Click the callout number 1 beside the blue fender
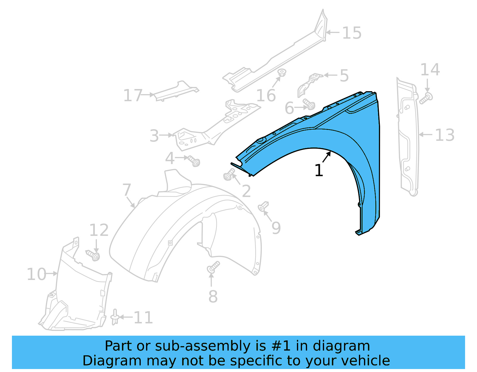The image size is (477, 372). click(x=319, y=171)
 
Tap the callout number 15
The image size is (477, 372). click(x=352, y=33)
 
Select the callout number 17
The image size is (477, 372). click(x=133, y=95)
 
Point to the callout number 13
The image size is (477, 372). click(x=445, y=135)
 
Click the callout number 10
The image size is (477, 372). click(x=36, y=274)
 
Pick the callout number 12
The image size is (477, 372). click(x=99, y=230)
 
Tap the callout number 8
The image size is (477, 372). click(x=213, y=296)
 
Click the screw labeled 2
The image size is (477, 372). click(x=229, y=175)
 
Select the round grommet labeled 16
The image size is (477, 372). click(x=281, y=73)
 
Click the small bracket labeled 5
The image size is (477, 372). click(x=309, y=84)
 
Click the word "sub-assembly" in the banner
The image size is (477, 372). click(x=193, y=346)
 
